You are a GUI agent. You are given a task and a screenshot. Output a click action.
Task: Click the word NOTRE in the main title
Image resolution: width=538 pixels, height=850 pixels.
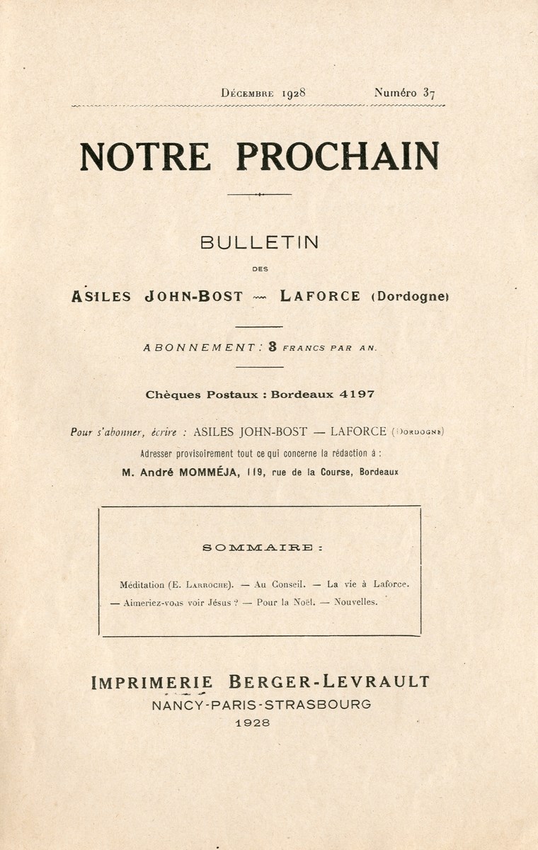[144, 157]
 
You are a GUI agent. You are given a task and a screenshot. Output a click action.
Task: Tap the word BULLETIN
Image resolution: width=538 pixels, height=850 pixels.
[259, 242]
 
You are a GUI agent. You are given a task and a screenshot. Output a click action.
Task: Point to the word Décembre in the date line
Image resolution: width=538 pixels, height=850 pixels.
[247, 93]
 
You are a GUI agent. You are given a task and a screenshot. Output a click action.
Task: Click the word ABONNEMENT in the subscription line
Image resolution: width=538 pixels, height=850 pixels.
[199, 348]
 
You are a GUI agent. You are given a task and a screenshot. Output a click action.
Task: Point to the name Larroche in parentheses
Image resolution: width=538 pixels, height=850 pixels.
[206, 585]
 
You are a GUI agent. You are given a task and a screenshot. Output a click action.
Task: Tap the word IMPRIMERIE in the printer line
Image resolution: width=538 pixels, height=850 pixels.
[151, 682]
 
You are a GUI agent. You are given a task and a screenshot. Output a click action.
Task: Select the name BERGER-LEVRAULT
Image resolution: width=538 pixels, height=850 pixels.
[329, 682]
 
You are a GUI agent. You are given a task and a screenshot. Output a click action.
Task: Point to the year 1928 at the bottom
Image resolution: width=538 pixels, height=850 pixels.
[259, 723]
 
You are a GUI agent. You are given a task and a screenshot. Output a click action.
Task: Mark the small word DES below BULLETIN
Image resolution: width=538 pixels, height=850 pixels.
[260, 268]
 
